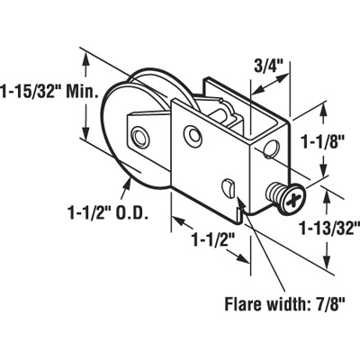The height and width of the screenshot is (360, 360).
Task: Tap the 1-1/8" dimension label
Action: [x=323, y=141]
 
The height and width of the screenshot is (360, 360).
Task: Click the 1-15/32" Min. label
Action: [x=49, y=90]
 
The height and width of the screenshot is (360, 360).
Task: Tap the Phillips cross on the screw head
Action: [x=292, y=200]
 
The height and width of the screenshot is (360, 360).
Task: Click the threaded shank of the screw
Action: [x=275, y=193]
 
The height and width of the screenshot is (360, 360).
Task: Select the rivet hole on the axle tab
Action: [x=139, y=137]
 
